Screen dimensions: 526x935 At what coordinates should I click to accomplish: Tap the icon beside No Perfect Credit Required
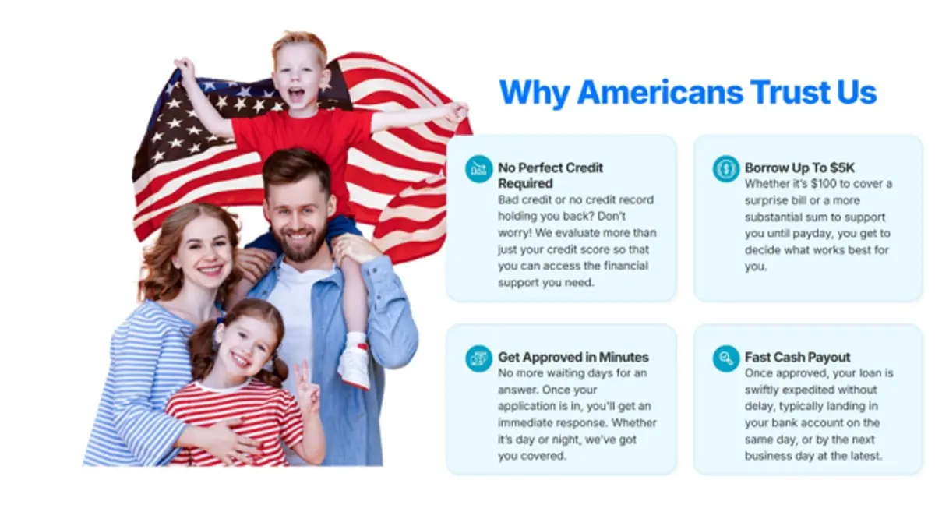478,168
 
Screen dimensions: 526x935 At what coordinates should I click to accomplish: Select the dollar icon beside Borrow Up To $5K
725,168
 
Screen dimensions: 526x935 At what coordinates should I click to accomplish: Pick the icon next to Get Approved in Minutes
478,358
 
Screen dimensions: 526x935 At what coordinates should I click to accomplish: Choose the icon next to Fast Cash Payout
725,358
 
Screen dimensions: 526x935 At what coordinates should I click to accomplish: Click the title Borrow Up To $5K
799,168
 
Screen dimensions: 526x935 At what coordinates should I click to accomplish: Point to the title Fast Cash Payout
797,357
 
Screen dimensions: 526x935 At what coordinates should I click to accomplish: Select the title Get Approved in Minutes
573,357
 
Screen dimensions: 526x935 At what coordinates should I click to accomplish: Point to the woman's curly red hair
156,249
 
